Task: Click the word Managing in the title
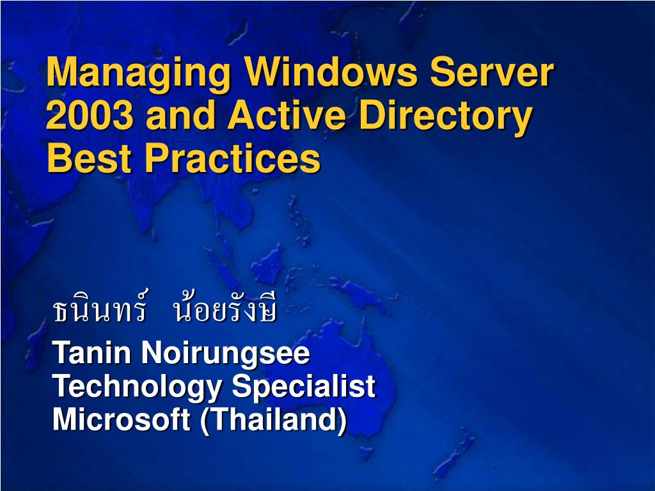[x=138, y=74]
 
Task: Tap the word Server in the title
[x=492, y=72]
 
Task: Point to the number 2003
[x=90, y=114]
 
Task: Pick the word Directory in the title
[x=446, y=118]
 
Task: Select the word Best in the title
[x=90, y=158]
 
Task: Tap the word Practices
[x=232, y=158]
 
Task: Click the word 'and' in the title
[x=180, y=114]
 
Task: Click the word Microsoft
[x=122, y=419]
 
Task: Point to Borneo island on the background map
[x=269, y=263]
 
